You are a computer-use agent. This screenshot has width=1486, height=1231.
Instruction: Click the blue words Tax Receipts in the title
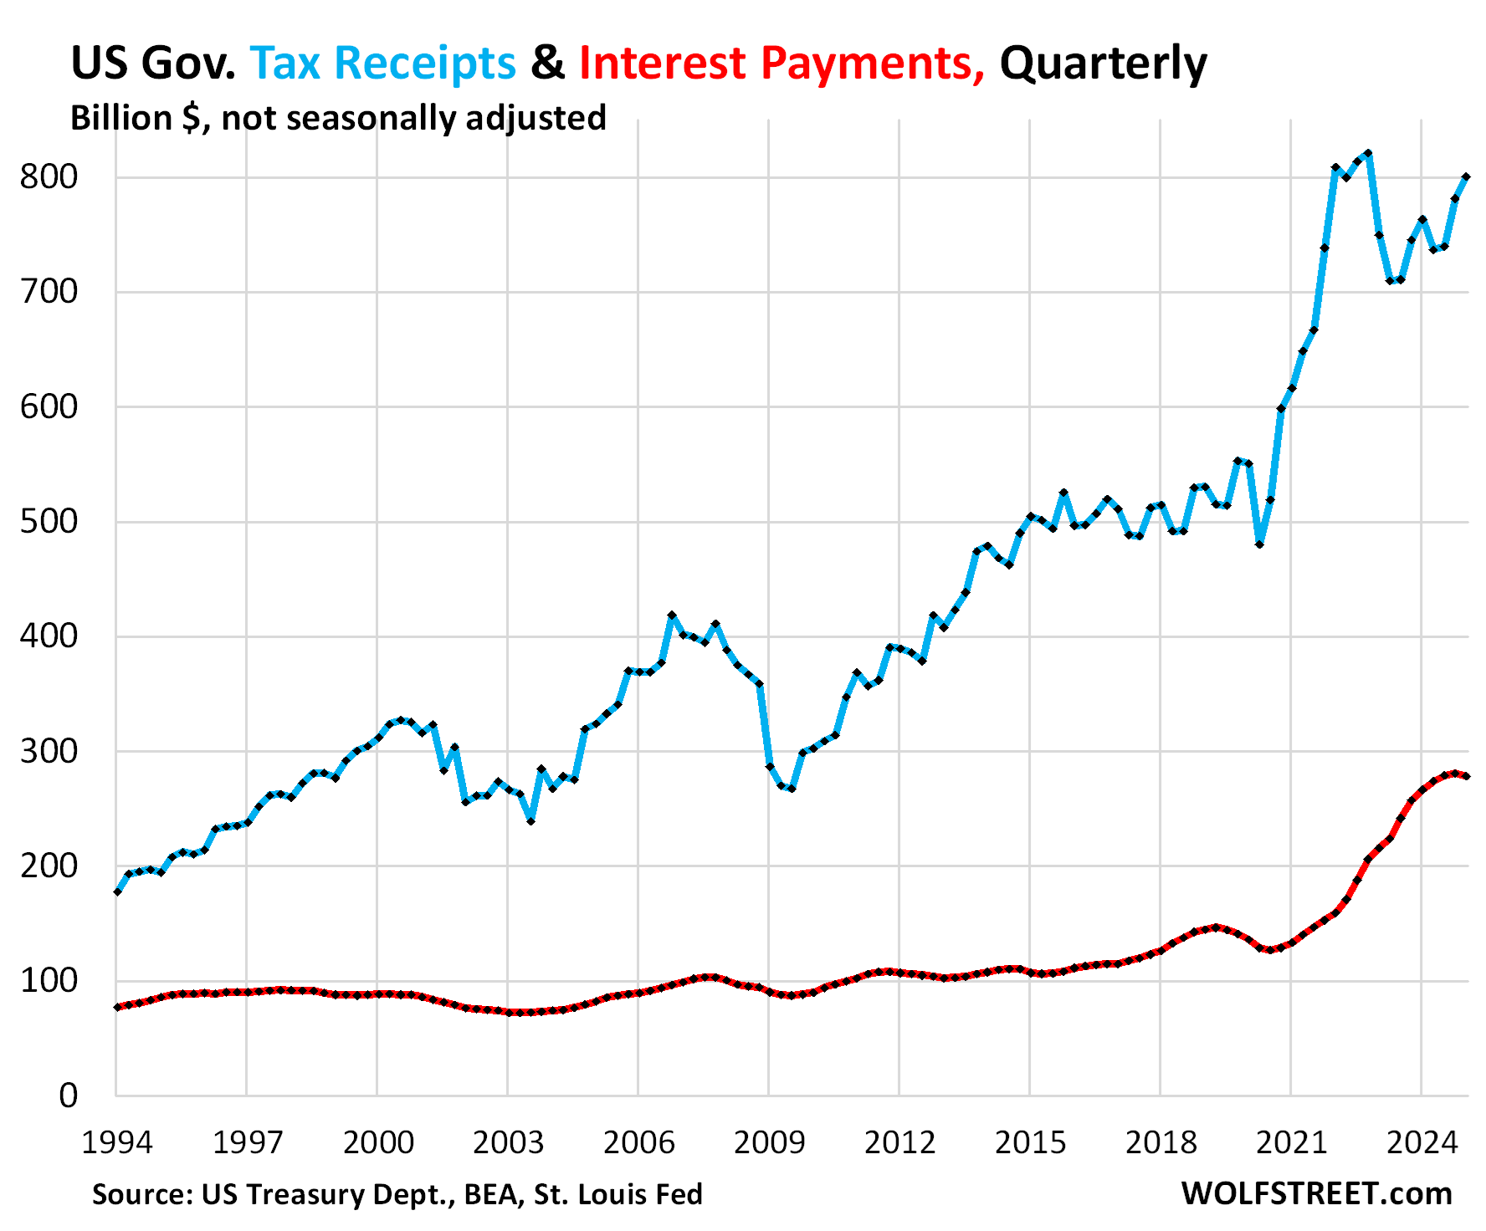382,63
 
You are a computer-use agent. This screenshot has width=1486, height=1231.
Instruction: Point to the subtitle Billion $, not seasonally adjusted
338,118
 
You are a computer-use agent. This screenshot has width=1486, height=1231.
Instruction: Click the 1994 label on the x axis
116,1142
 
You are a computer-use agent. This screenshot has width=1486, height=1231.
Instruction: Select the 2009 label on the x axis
769,1142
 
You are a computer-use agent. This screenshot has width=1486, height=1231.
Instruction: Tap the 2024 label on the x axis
1422,1142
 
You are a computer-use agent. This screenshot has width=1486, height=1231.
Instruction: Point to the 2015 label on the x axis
1030,1142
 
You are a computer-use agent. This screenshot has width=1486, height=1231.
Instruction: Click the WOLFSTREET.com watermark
1316,1193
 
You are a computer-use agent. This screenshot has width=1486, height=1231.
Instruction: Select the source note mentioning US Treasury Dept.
397,1194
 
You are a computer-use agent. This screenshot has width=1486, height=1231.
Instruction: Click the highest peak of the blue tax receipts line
1368,154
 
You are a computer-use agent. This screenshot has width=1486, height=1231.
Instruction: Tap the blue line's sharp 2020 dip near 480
1259,544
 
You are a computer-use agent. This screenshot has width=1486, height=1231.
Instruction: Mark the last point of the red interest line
1466,776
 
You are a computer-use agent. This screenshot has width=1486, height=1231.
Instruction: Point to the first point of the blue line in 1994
117,892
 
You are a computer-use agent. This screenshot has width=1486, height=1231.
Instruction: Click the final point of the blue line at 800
1466,177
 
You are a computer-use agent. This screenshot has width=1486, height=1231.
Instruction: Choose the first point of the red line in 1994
117,1007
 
